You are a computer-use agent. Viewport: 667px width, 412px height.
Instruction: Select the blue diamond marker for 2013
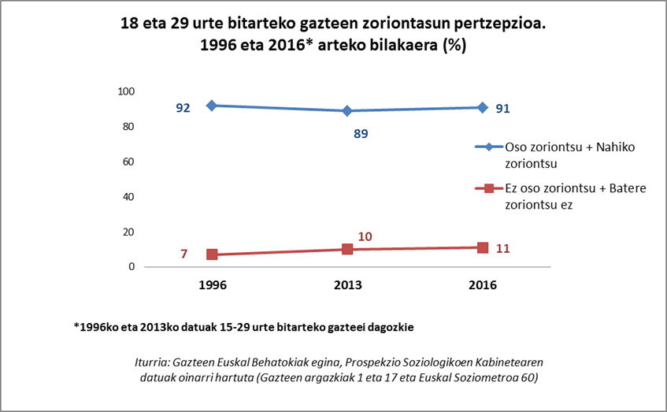[347, 111]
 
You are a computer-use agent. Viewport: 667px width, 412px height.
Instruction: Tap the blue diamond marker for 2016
[482, 107]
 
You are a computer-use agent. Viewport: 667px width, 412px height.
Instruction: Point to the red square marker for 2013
[347, 249]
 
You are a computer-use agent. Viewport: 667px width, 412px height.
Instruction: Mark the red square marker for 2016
[482, 247]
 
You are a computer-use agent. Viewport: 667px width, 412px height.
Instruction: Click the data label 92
[183, 108]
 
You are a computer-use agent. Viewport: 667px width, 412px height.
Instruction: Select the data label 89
[361, 134]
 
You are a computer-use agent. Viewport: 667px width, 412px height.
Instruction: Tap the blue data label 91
[503, 108]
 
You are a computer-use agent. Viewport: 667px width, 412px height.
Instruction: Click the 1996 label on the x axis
[213, 285]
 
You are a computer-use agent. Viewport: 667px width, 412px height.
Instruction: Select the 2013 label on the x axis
[347, 285]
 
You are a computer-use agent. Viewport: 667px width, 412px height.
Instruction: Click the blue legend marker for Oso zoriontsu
[488, 147]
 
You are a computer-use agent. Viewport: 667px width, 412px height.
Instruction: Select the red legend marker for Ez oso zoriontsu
[488, 189]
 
